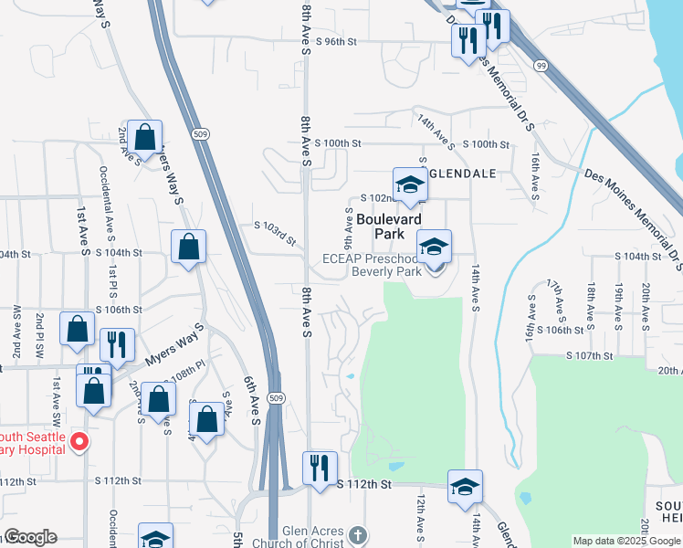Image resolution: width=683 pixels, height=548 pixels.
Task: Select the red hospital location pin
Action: (x=79, y=443)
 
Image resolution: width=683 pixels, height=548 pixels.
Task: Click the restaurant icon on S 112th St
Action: (x=320, y=468)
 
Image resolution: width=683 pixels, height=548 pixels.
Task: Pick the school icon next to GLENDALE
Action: (x=410, y=184)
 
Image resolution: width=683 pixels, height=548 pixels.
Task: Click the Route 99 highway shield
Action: (x=541, y=66)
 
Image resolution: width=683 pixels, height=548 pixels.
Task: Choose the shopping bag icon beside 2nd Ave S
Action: (x=144, y=137)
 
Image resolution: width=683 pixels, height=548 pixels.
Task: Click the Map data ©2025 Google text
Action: (x=626, y=541)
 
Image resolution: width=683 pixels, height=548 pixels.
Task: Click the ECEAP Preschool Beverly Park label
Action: (x=373, y=265)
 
